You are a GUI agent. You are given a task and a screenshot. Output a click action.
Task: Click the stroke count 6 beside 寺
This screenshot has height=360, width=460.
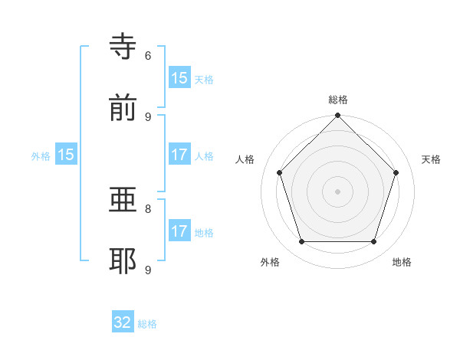click(x=148, y=55)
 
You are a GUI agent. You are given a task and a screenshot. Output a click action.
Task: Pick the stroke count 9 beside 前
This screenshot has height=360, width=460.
click(x=148, y=116)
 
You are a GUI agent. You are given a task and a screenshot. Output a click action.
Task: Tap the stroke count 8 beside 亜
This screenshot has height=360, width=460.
click(x=148, y=208)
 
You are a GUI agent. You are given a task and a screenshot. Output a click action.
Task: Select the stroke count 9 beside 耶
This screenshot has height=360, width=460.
click(x=148, y=270)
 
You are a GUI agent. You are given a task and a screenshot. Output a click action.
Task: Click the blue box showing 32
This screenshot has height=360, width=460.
click(x=123, y=322)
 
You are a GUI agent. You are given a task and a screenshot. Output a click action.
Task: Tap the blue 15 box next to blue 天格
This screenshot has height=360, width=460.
click(x=179, y=78)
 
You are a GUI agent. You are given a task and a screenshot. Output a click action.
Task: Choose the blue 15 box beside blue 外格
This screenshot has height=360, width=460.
click(x=66, y=155)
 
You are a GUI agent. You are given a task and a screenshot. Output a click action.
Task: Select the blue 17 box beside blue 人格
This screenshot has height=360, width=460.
click(x=179, y=155)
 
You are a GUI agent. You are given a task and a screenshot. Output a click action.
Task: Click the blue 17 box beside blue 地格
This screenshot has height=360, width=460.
click(x=179, y=231)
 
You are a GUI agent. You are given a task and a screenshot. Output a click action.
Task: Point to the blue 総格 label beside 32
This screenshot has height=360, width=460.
click(x=147, y=324)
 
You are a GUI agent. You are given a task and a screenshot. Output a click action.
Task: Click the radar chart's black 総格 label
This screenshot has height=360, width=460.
click(x=337, y=100)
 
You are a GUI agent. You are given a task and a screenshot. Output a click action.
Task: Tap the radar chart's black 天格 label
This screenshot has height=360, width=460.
click(x=431, y=159)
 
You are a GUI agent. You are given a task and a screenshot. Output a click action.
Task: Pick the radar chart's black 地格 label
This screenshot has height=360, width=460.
click(x=402, y=262)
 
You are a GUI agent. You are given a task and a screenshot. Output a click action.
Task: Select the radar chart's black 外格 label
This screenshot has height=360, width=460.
click(x=270, y=262)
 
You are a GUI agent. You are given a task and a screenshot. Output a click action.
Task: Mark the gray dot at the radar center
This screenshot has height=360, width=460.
click(x=337, y=191)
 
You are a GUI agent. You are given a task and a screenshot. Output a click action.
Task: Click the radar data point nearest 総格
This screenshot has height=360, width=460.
click(x=337, y=117)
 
